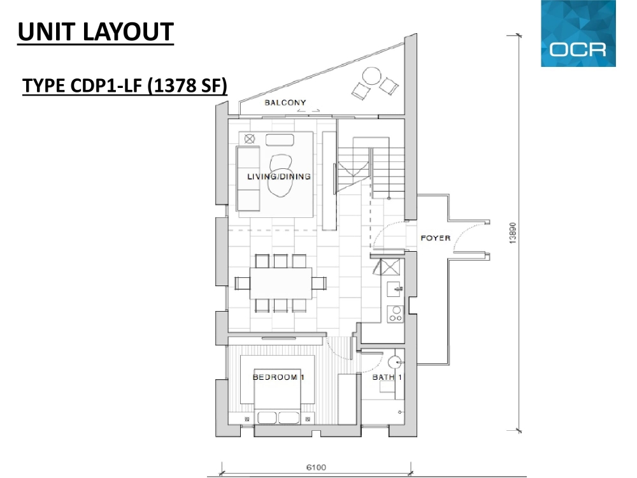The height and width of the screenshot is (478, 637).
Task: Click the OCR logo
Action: (x=578, y=33)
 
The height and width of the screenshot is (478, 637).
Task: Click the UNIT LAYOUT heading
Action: (x=96, y=32)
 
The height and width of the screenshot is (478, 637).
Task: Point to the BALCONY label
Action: (x=285, y=103)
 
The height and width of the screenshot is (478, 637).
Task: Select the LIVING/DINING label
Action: (x=279, y=177)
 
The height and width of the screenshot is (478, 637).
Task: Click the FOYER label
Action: (x=436, y=238)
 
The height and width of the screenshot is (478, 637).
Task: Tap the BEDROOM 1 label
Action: (x=279, y=377)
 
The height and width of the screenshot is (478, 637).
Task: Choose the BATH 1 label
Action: (x=387, y=377)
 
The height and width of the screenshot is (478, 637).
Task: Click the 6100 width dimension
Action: (x=316, y=467)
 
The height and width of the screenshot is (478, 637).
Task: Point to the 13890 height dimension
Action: (x=513, y=233)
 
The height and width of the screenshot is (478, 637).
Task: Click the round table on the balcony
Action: (x=371, y=76)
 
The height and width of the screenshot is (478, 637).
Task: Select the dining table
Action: (x=281, y=284)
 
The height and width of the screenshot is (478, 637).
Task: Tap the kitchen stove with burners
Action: (x=396, y=314)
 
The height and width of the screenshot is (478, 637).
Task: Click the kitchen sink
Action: (x=394, y=289)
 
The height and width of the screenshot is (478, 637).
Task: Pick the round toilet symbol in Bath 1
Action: (x=395, y=362)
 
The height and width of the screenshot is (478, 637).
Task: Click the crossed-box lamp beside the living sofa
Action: (x=250, y=139)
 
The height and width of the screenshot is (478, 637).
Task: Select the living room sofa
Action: (x=248, y=179)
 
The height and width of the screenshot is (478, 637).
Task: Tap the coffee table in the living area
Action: (x=280, y=140)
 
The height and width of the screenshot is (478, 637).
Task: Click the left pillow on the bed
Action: (x=267, y=418)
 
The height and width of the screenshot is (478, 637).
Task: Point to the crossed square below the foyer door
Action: (x=390, y=267)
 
